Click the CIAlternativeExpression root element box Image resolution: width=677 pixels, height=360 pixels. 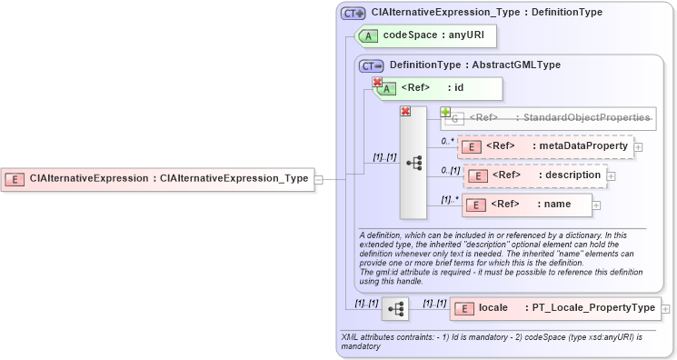tap(158, 178)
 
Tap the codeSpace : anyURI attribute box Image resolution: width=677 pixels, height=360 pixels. tap(427, 35)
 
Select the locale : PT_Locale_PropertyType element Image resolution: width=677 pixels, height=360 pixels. tap(554, 308)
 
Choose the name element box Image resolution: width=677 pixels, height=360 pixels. tap(527, 205)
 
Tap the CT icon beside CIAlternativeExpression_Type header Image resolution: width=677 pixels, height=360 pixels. tap(352, 14)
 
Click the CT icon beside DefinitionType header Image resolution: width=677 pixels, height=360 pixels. tap(371, 65)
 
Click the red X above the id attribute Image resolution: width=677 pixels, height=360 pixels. tap(377, 82)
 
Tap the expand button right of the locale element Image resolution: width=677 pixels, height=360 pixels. tap(666, 309)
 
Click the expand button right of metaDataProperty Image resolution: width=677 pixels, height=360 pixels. tap(638, 146)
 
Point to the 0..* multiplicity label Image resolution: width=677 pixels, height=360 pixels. tap(447, 141)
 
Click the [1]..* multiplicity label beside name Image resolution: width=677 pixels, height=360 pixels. tap(448, 199)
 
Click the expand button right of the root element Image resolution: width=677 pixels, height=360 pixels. tap(318, 179)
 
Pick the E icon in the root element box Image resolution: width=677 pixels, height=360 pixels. tap(15, 178)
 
